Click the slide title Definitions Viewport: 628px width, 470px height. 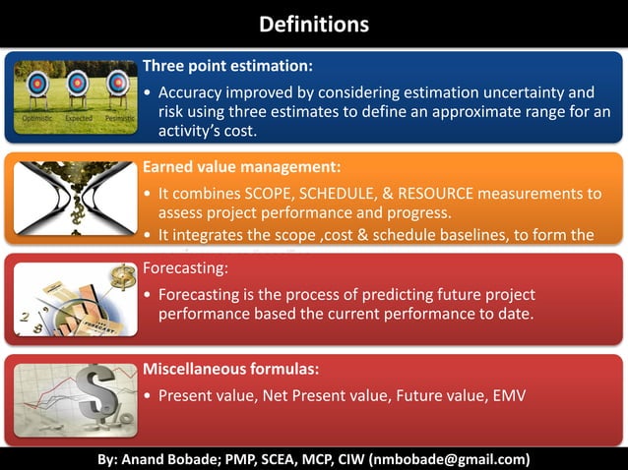click(x=313, y=23)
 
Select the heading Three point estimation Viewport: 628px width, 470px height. click(x=227, y=66)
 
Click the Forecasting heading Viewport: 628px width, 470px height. click(x=186, y=267)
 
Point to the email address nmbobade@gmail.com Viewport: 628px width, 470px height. click(x=449, y=458)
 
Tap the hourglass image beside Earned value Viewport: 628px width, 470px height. click(x=74, y=197)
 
